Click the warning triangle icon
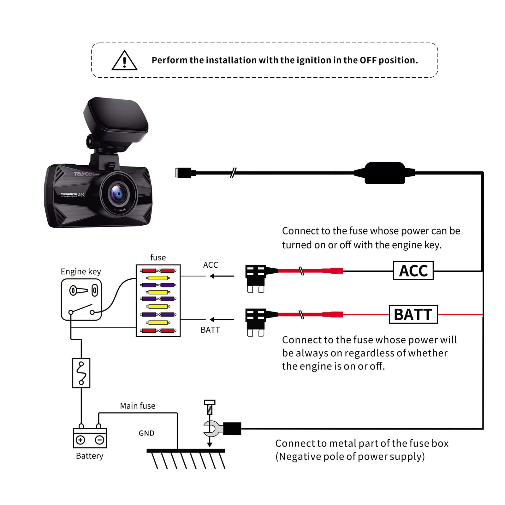(124, 61)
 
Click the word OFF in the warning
(368, 60)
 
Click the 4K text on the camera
(81, 195)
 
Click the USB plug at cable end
(183, 173)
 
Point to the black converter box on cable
(384, 173)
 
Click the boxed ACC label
(413, 270)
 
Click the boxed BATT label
(413, 314)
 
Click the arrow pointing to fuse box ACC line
(222, 276)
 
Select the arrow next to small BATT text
(222, 320)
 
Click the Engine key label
(81, 271)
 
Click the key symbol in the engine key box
(78, 290)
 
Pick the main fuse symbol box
(81, 373)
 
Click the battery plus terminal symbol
(80, 440)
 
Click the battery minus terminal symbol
(99, 440)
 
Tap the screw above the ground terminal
(210, 407)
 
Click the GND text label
(146, 433)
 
